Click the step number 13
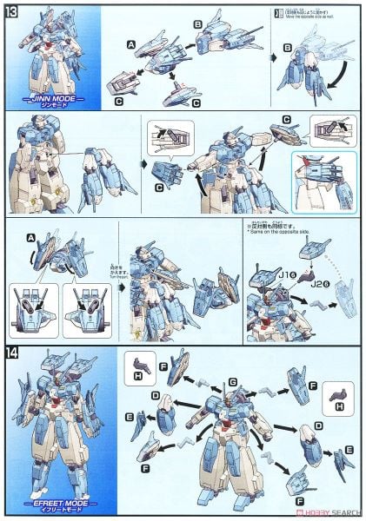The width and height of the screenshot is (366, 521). click(x=12, y=10)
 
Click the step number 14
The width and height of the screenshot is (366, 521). click(x=12, y=353)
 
